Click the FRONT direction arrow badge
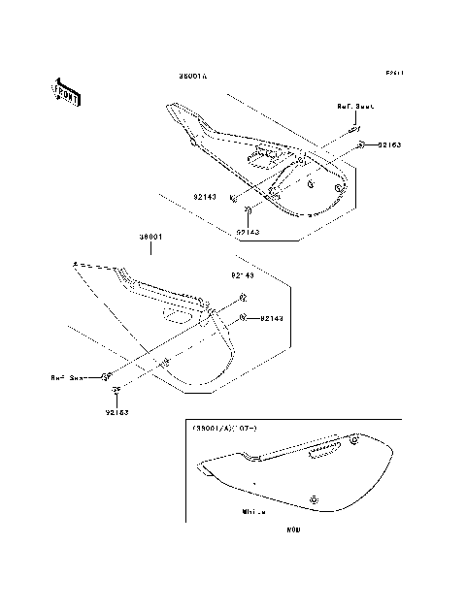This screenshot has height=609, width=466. (x=66, y=90)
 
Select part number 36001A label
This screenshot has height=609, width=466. (x=193, y=75)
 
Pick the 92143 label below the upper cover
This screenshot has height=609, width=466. (x=249, y=232)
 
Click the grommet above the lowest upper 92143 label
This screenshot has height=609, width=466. (x=249, y=210)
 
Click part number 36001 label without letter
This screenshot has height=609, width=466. (x=150, y=236)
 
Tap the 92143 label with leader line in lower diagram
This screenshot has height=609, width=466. (x=271, y=318)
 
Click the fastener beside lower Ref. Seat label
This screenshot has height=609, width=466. (x=107, y=376)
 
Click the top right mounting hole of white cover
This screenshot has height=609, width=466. (x=354, y=441)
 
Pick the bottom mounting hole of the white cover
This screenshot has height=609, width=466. (x=314, y=498)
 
